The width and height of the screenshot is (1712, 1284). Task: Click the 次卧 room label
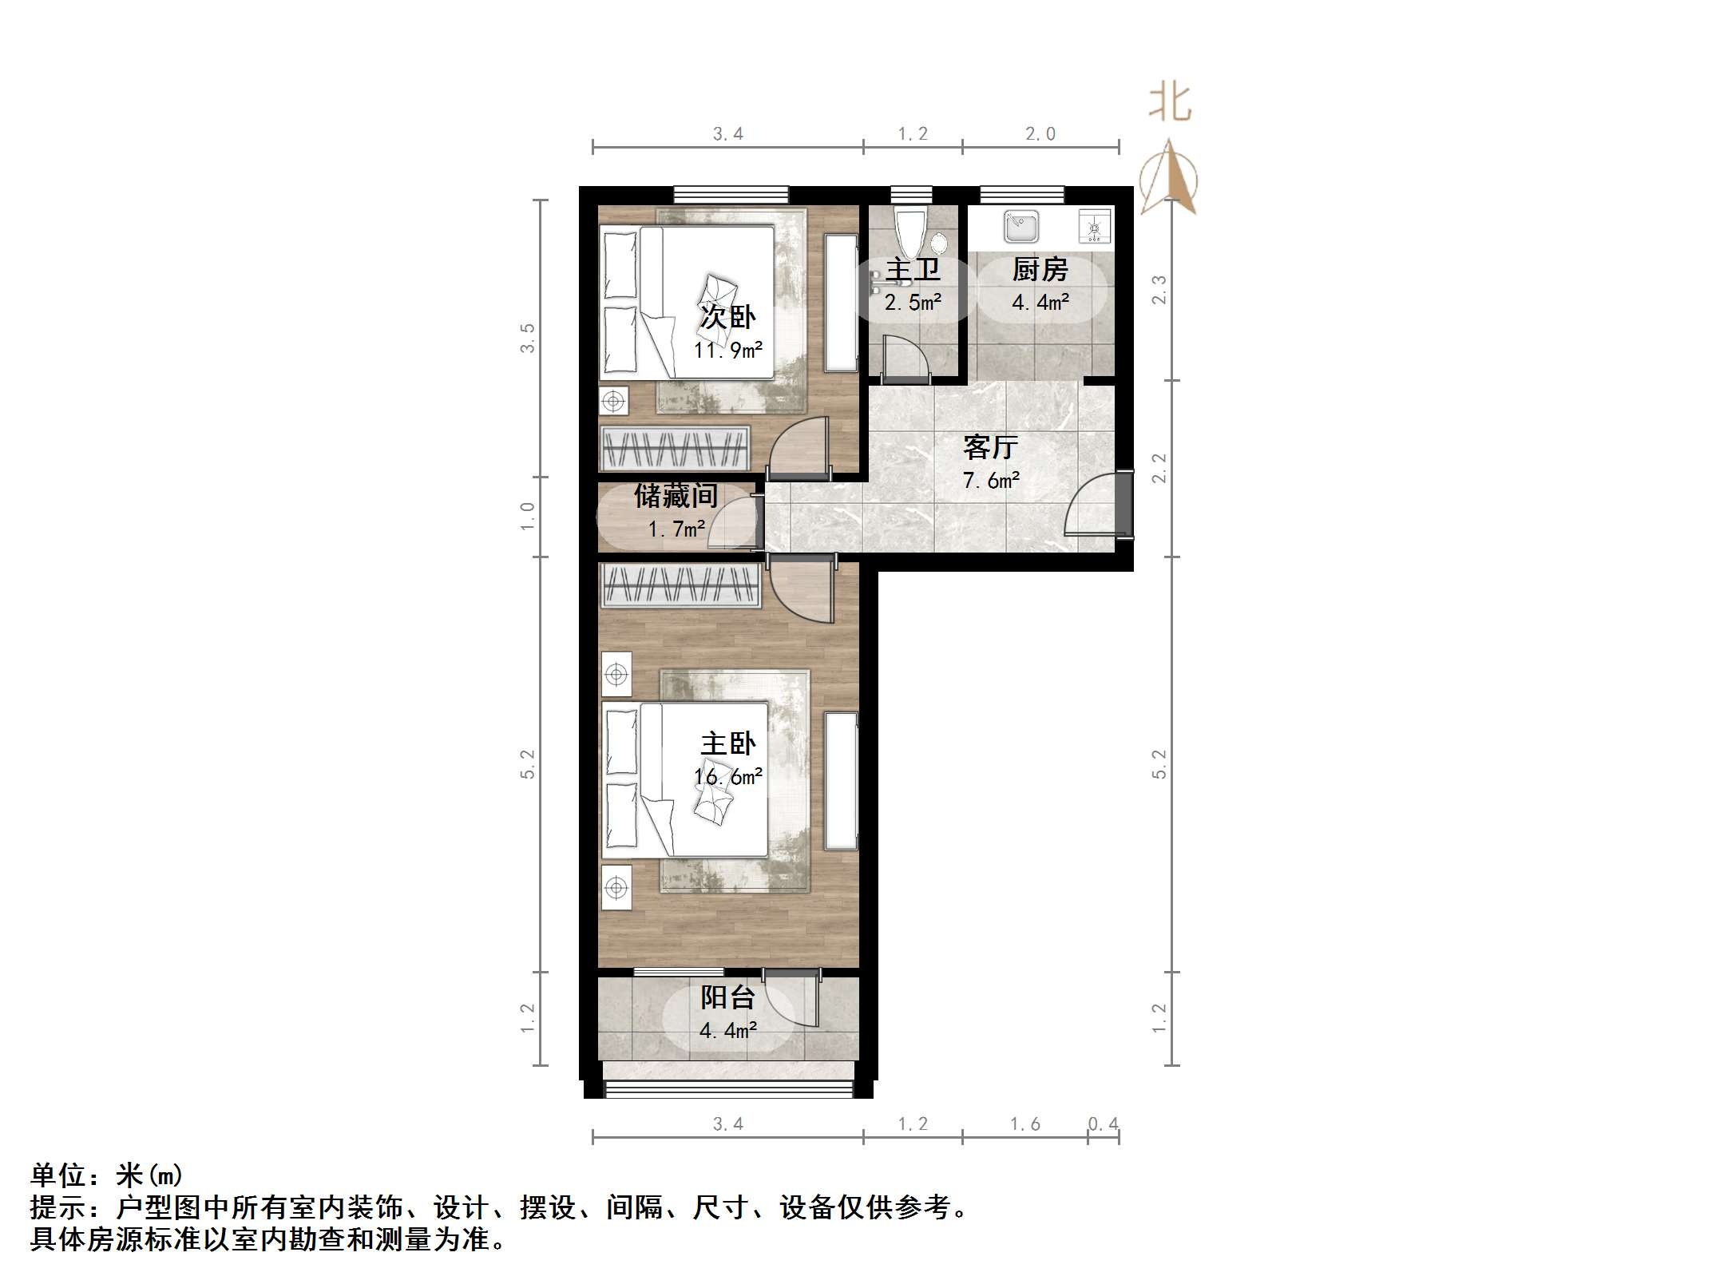[x=727, y=317]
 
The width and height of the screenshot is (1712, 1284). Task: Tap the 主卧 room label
[x=727, y=743]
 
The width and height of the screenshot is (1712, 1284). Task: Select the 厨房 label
[x=1040, y=270]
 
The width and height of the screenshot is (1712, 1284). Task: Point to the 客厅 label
[x=990, y=447]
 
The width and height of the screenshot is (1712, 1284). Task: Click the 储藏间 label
[x=676, y=496]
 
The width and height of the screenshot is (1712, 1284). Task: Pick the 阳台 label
[x=727, y=997]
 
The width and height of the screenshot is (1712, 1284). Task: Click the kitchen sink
[x=1021, y=227]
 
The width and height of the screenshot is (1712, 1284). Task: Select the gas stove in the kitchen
[x=1095, y=227]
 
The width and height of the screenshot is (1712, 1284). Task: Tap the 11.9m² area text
[x=727, y=350]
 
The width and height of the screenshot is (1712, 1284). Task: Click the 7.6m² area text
[x=990, y=481]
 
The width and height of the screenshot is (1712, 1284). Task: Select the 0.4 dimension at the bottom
[x=1103, y=1124]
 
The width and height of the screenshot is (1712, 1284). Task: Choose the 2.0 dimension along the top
[x=1040, y=134]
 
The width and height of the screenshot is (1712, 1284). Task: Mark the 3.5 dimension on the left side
[x=527, y=338]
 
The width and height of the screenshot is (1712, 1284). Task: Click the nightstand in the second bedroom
[x=613, y=401]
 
